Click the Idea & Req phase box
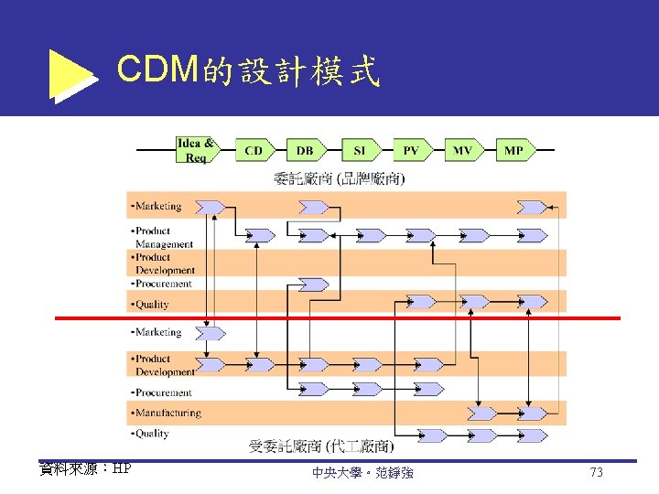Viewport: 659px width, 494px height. point(196,150)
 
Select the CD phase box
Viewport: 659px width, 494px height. point(254,150)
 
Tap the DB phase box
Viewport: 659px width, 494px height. point(305,150)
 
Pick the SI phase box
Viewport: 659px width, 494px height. point(358,150)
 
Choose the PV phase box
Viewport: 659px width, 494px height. point(411,150)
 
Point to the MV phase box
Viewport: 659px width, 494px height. point(463,150)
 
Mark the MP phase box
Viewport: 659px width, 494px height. point(514,150)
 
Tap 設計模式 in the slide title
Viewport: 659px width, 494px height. point(308,71)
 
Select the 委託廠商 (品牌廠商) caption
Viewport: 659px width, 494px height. point(338,177)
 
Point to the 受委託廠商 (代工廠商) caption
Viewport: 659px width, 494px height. point(321,446)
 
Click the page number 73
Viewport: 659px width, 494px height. point(596,473)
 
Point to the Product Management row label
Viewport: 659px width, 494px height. point(163,238)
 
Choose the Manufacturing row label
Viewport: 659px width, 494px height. point(167,413)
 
